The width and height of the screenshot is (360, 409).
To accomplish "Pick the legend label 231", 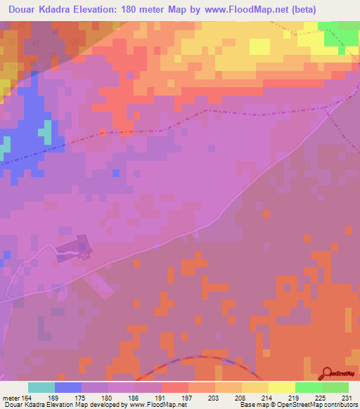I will pos(347,398).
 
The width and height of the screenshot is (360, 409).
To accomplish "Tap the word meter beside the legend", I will pos(11,398).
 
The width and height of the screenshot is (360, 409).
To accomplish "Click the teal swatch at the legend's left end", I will pos(41,387).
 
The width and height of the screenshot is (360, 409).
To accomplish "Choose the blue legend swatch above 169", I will pos(68,387).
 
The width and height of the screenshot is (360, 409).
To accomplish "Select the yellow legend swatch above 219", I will pos(281,387).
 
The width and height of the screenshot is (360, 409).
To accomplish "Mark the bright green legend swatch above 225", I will pos(308,387).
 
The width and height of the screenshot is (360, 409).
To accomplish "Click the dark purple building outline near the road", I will pos(75,248).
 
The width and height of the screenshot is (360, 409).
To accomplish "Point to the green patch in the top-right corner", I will pos(342,32).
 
